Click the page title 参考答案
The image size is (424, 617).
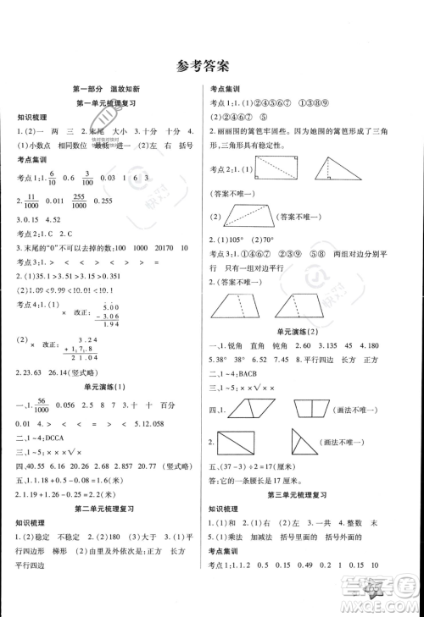212,64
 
